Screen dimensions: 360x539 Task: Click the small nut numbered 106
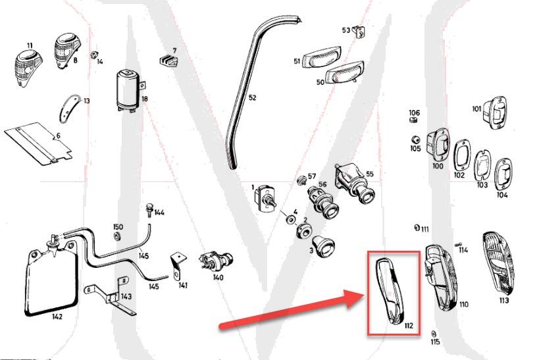tap(414, 121)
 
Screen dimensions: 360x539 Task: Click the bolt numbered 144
tap(149, 211)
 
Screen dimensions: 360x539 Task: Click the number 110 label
tap(464, 304)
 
